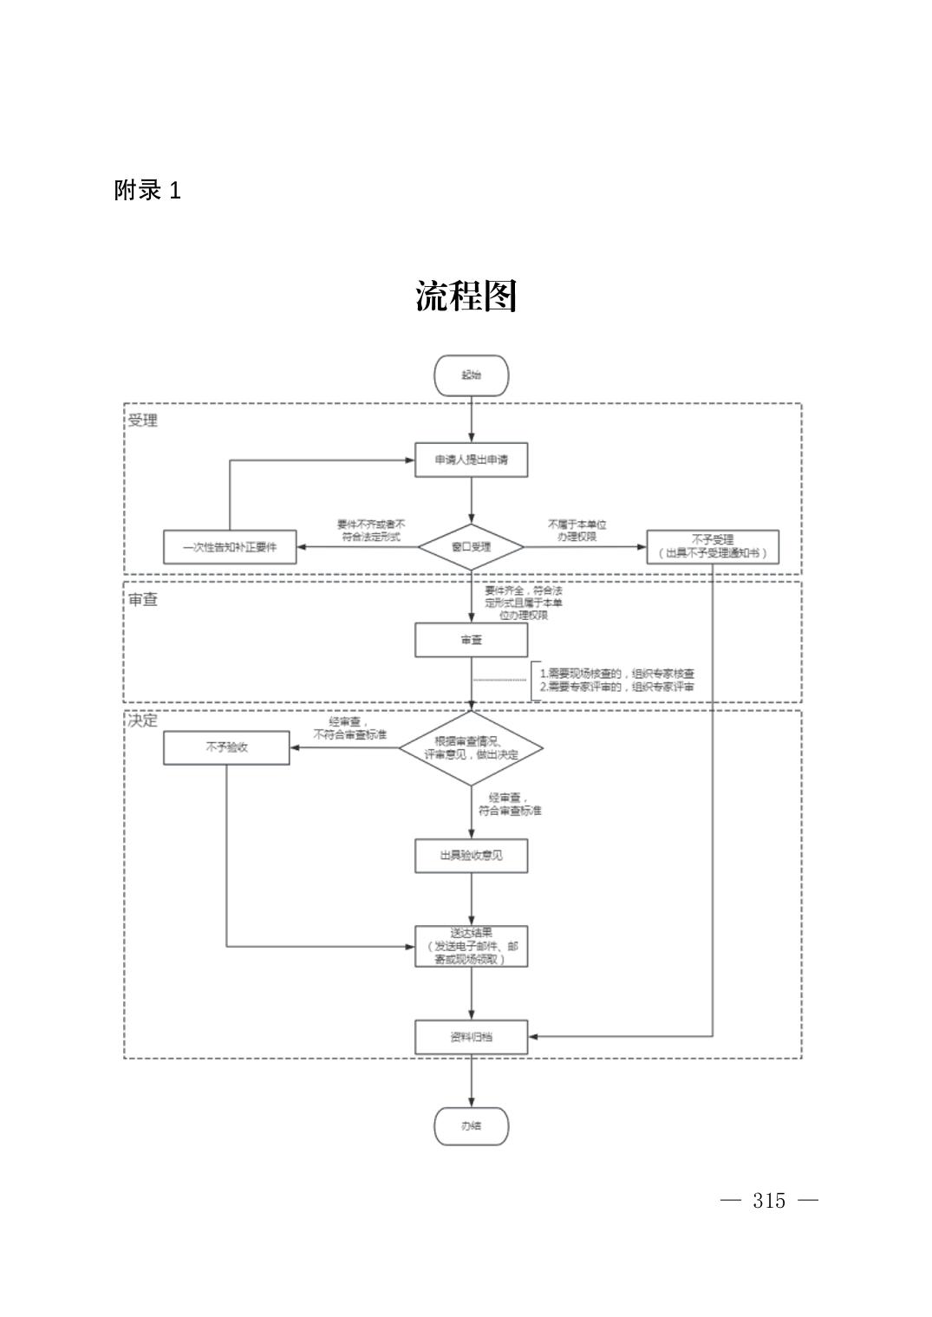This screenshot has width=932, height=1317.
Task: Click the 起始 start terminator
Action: click(x=471, y=375)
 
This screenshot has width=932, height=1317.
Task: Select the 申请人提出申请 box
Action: click(x=471, y=460)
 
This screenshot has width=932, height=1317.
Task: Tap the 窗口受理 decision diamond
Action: click(x=471, y=547)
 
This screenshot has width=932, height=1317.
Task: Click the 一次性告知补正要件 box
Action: click(x=230, y=547)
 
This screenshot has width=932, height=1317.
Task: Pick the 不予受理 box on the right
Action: click(x=712, y=546)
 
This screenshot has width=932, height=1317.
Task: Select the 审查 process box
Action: click(x=471, y=640)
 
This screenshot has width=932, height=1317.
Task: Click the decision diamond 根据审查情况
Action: click(x=471, y=748)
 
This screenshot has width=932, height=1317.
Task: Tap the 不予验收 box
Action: click(x=226, y=747)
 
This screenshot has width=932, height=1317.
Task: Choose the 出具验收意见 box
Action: click(x=471, y=856)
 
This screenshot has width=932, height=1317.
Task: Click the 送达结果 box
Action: click(x=471, y=946)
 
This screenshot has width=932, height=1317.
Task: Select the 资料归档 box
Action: click(x=471, y=1036)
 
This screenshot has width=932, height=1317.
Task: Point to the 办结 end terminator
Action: click(x=471, y=1126)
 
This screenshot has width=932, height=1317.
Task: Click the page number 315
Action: click(x=769, y=1201)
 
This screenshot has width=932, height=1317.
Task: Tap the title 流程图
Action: click(x=466, y=297)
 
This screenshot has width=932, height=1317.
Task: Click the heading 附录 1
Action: click(x=147, y=191)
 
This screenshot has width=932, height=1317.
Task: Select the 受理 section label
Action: click(x=143, y=421)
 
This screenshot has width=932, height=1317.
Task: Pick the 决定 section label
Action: click(x=143, y=721)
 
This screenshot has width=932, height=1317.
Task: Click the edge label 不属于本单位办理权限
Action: click(x=577, y=531)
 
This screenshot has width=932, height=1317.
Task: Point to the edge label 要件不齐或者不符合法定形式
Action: click(x=371, y=531)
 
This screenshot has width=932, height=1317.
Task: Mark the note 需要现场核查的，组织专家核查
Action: click(x=616, y=674)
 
